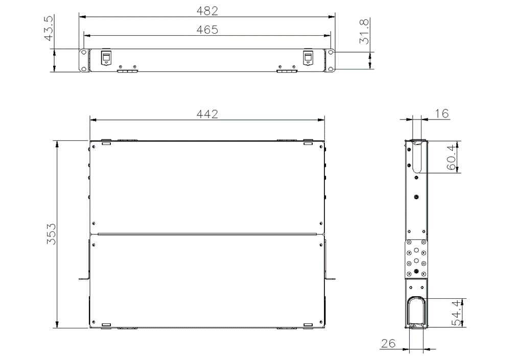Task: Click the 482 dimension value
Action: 207,11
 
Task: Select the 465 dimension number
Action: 207,30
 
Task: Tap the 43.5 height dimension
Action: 49,28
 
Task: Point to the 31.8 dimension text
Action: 364,32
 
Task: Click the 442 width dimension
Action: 207,114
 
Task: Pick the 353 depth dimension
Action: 51,234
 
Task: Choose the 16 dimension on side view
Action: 441,114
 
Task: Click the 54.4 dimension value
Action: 457,314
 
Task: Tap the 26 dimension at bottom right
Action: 388,343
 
